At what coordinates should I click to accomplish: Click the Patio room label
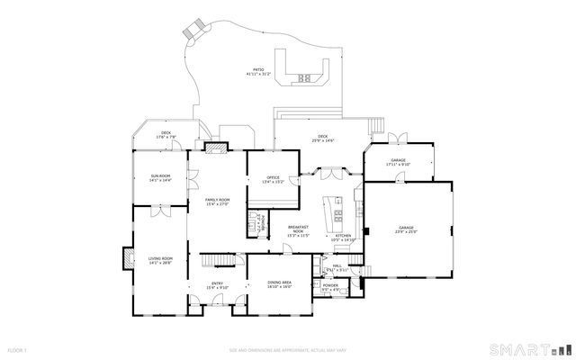(x=257, y=72)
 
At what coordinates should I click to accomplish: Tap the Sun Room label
(x=160, y=179)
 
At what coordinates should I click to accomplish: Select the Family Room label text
(x=217, y=202)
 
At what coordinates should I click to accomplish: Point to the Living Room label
(x=160, y=261)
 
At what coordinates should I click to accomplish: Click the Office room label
(x=273, y=179)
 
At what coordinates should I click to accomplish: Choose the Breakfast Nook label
(x=298, y=230)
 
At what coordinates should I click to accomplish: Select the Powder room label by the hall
(x=330, y=287)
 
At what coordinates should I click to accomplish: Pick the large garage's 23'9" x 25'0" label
(x=407, y=230)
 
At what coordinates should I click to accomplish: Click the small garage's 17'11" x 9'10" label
(x=398, y=163)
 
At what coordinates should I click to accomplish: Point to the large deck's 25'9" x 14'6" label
(x=322, y=139)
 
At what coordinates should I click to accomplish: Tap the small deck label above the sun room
(x=166, y=135)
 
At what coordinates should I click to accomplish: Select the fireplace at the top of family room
(x=215, y=147)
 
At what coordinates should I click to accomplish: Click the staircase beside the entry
(x=212, y=260)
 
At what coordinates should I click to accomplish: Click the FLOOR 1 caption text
(x=17, y=349)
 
